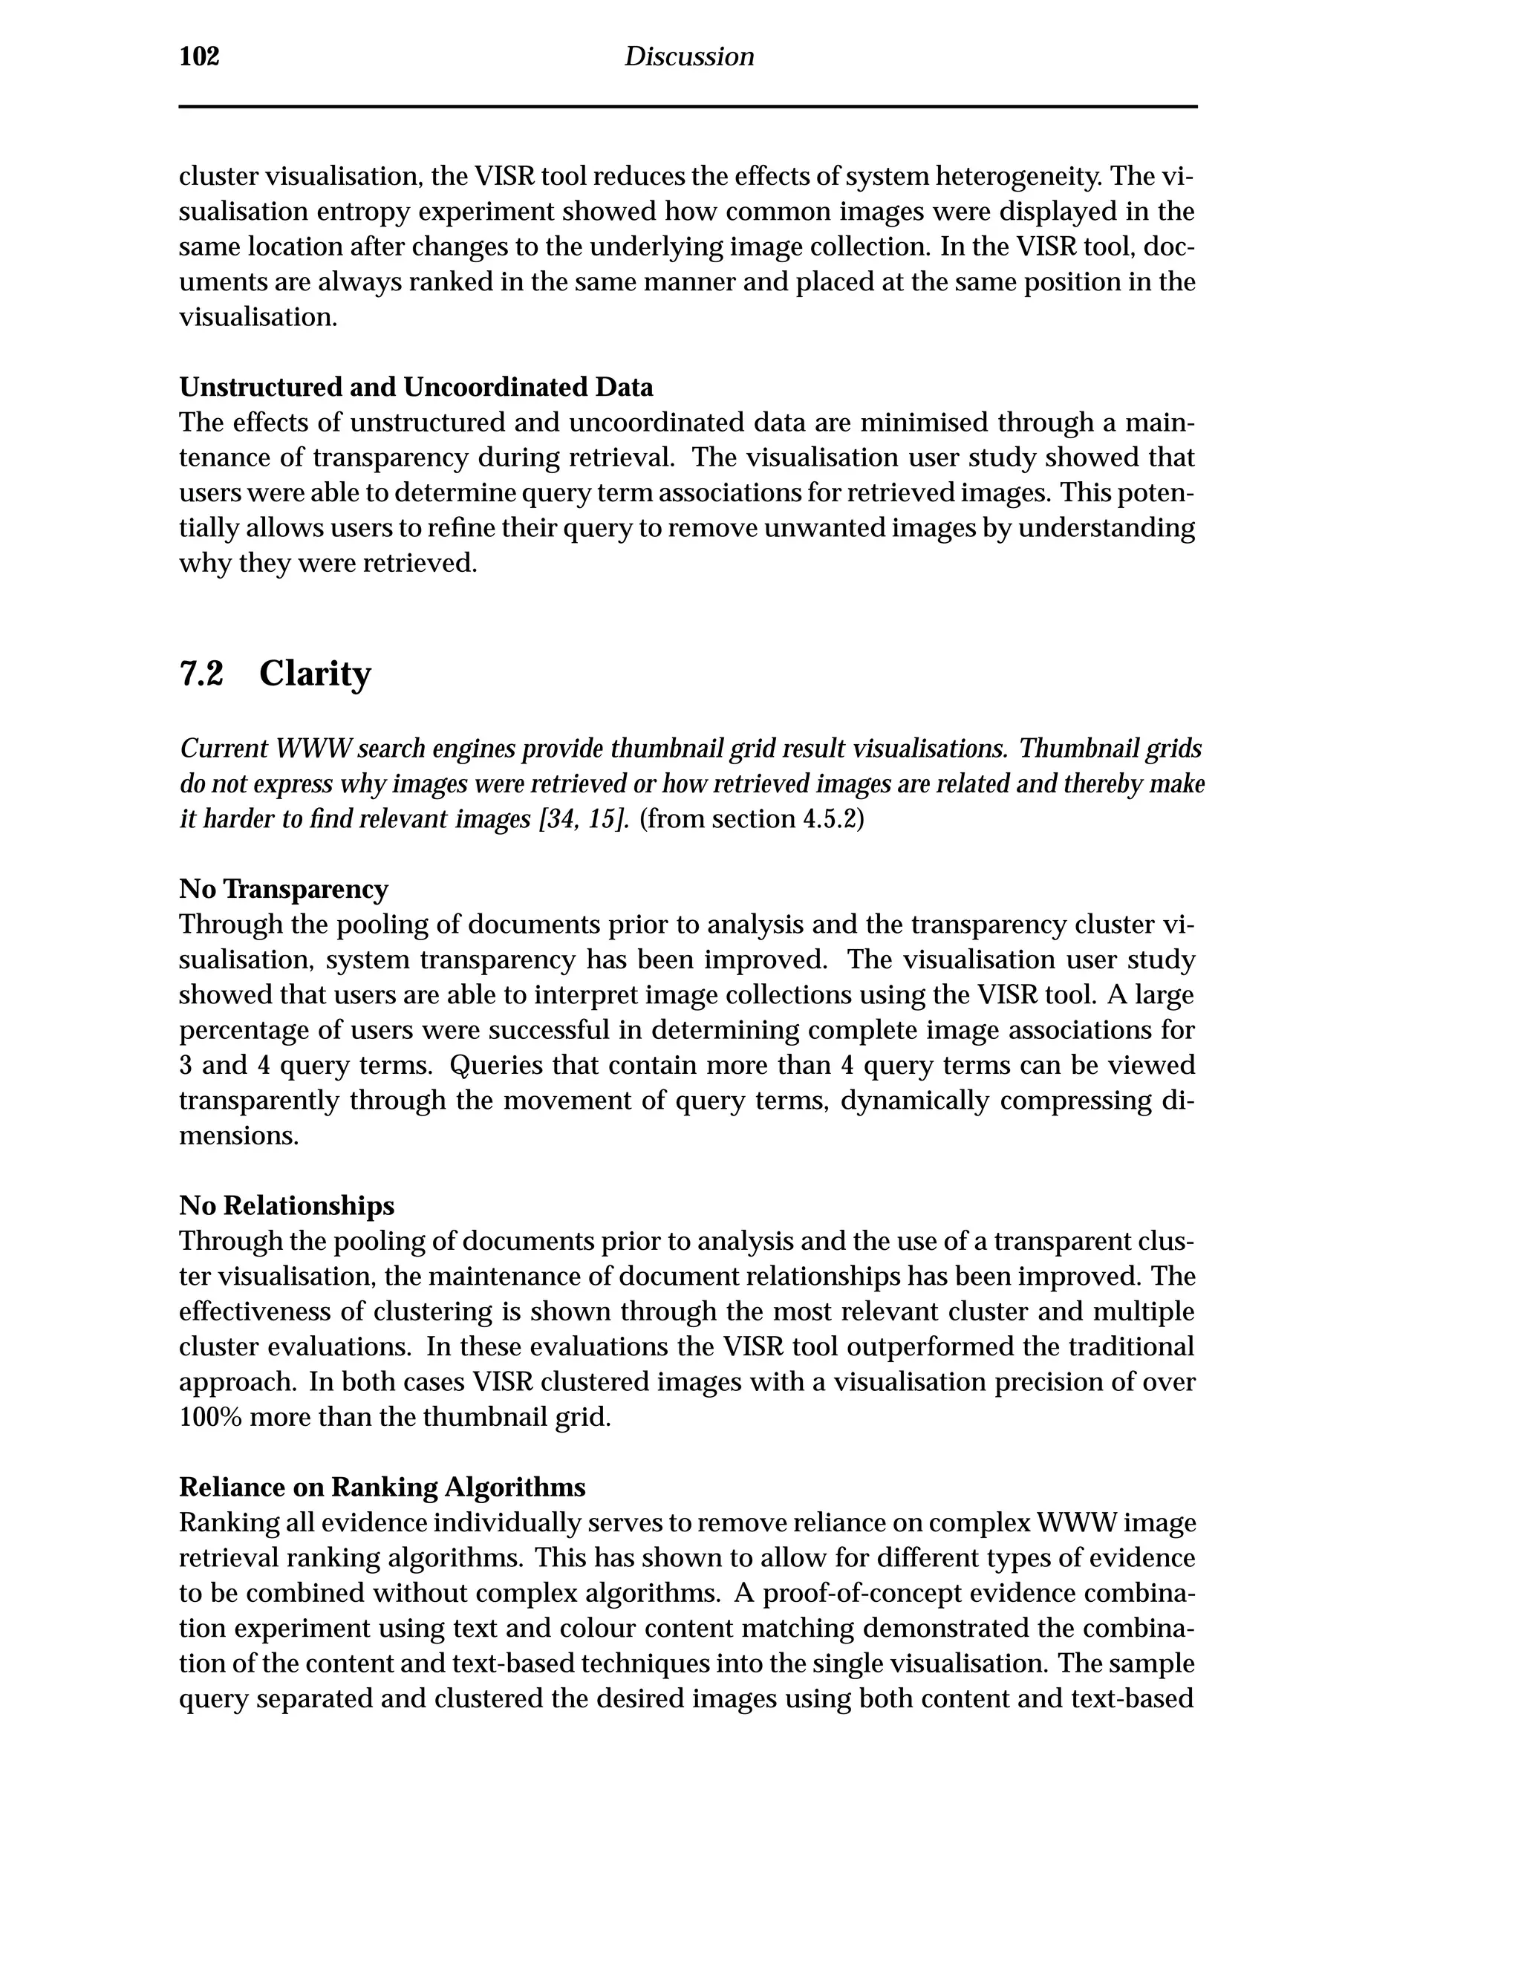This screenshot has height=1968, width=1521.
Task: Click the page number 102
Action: click(x=199, y=56)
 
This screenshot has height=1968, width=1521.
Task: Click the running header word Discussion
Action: click(x=688, y=56)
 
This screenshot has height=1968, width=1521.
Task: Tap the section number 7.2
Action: click(x=201, y=673)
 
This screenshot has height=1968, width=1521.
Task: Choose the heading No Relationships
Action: click(x=287, y=1205)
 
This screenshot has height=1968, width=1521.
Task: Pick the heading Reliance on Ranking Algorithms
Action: click(x=382, y=1487)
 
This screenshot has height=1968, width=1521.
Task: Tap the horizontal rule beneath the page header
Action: click(x=688, y=106)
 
